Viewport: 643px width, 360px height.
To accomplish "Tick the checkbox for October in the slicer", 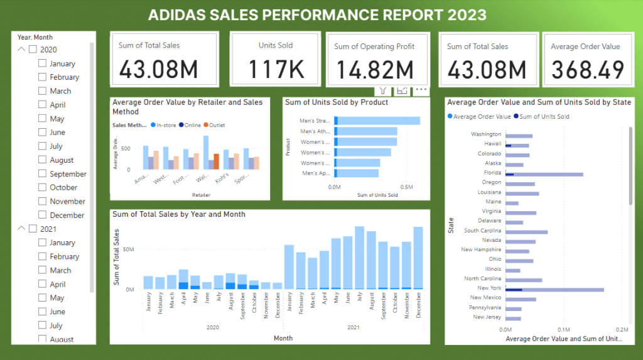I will (42, 188).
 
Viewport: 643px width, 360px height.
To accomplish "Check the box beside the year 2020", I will (33, 50).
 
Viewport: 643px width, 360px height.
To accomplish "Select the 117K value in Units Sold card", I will (275, 69).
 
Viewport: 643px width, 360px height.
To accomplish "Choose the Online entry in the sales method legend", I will (190, 125).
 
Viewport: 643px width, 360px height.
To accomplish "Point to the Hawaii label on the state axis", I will (492, 145).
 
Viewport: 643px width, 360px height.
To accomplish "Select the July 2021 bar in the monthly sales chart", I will (360, 258).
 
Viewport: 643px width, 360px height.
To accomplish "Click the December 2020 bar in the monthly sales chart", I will (277, 286).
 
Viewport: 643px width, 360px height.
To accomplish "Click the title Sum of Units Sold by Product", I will (336, 102).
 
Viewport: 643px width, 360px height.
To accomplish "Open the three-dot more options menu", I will (421, 90).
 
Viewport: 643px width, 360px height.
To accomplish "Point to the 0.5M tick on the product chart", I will (407, 187).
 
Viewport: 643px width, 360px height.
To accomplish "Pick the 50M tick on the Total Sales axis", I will (128, 249).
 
